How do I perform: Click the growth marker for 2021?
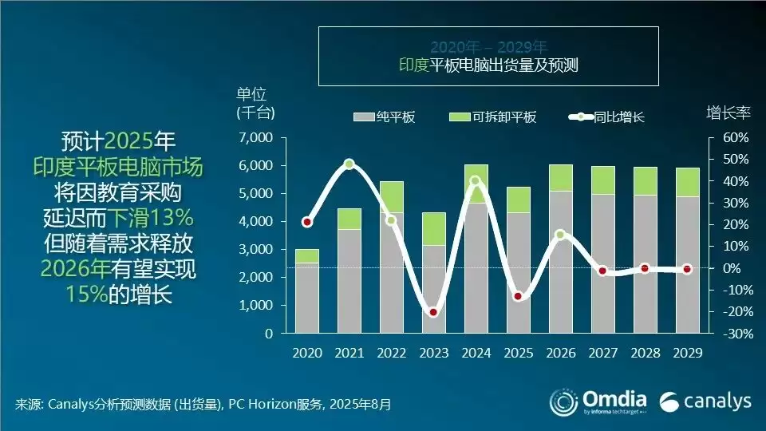[349, 164]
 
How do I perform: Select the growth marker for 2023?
[433, 312]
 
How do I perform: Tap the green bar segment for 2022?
[391, 196]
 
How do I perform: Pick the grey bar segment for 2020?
[306, 298]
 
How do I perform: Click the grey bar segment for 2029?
[688, 264]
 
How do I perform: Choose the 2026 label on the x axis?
[560, 352]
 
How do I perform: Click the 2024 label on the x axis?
[476, 352]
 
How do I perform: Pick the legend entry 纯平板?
[384, 117]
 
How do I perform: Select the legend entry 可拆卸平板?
[492, 117]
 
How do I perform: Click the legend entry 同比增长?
[606, 117]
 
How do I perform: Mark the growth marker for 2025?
[518, 296]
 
